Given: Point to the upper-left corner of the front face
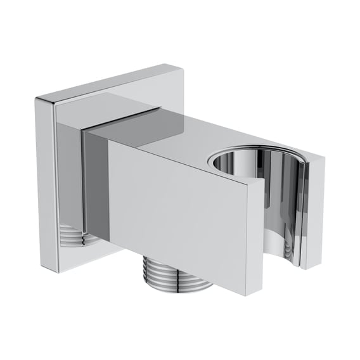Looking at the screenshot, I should pos(108,138).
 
